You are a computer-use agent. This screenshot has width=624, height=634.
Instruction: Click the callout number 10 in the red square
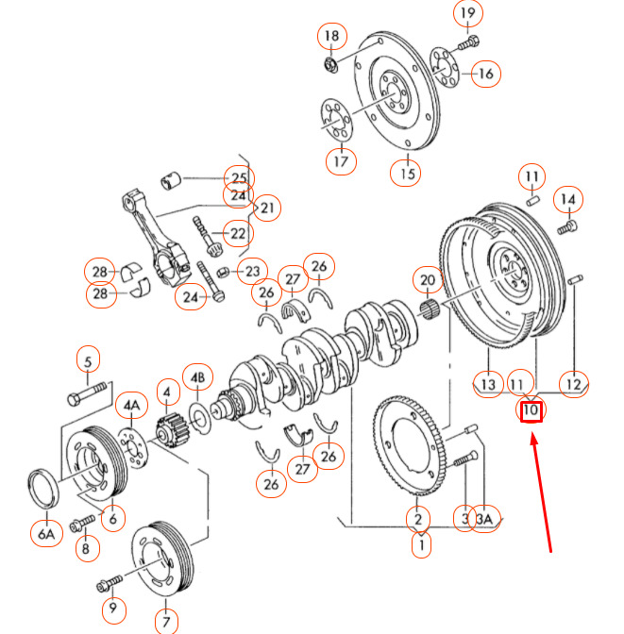point(531,410)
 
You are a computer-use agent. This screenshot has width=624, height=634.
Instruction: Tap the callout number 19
point(468,13)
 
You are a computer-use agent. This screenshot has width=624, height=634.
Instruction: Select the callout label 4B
point(197,377)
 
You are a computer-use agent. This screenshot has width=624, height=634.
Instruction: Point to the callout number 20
point(428,280)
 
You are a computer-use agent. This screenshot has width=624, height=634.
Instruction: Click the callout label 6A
point(46,534)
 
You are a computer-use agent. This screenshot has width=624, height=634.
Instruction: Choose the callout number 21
point(267,209)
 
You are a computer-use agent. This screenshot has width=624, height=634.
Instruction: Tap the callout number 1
point(421,545)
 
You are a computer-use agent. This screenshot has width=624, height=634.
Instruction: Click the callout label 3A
point(484,519)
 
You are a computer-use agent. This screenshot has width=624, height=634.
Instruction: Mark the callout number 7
point(166,622)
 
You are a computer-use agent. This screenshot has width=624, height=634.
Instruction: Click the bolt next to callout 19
point(469,43)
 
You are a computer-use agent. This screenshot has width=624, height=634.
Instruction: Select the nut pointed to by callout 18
point(331,65)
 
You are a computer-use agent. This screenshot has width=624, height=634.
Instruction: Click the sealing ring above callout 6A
point(43,488)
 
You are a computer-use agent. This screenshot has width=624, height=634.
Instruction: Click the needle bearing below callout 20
point(429,309)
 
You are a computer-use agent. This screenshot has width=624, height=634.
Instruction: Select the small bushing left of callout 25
point(171,181)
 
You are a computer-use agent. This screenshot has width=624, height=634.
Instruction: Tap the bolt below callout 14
point(567,226)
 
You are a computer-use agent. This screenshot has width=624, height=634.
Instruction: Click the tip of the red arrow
point(532,433)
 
